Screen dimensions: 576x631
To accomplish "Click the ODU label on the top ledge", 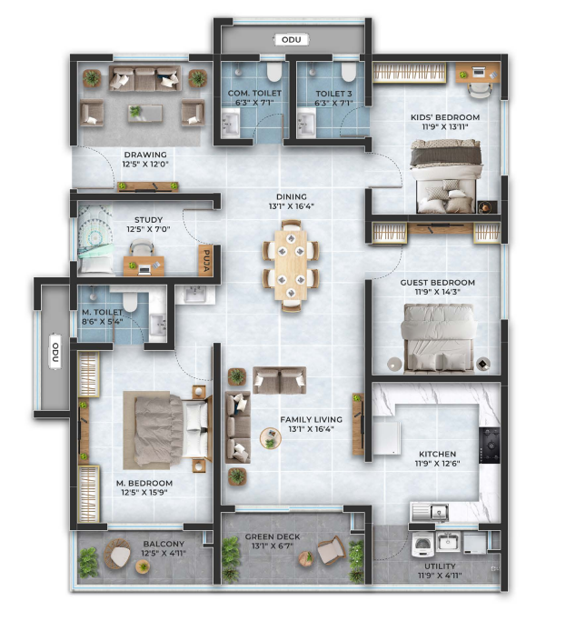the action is click(291, 39).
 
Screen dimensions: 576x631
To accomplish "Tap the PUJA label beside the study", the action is click(205, 261).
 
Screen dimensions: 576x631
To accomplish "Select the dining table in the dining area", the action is click(291, 265).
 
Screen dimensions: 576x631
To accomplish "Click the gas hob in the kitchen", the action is click(490, 445).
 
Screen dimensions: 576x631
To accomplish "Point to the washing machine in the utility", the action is click(422, 544).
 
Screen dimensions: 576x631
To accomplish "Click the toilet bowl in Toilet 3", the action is click(348, 71).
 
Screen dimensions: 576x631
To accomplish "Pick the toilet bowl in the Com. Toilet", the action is click(274, 71).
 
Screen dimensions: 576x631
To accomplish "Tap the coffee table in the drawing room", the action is click(145, 113).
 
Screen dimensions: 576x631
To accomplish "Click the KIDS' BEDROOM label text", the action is click(445, 117).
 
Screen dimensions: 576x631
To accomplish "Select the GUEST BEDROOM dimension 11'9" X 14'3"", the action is click(438, 292).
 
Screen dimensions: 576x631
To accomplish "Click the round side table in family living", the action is click(271, 438).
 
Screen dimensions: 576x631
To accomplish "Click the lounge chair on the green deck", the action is click(331, 549).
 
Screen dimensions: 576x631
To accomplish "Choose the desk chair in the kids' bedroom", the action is click(480, 90).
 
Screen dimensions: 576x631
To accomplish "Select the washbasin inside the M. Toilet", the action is click(158, 325).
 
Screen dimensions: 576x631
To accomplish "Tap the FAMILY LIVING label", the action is click(311, 419).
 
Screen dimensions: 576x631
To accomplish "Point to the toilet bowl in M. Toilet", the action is click(130, 302).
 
